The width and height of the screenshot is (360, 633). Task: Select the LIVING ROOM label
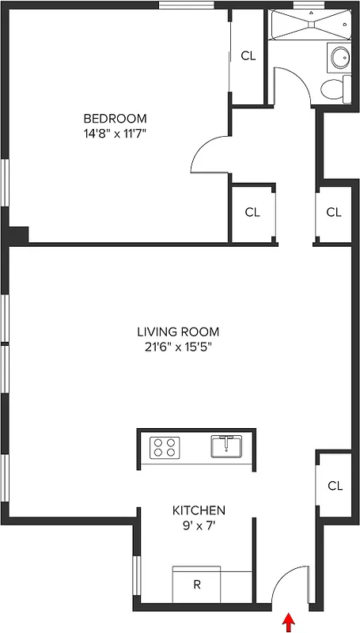[x=178, y=332]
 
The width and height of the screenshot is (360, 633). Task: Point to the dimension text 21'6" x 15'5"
[x=178, y=346]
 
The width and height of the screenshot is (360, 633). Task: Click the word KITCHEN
[x=199, y=510]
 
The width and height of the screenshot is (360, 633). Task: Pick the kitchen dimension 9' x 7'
[x=199, y=525]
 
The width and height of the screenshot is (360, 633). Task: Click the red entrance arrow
[x=288, y=623]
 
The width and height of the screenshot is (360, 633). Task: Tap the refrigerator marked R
[x=196, y=586]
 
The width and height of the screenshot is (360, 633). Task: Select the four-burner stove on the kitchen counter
[x=165, y=447]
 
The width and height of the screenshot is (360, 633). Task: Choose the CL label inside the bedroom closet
[x=248, y=56]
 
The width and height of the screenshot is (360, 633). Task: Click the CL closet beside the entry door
[x=335, y=486]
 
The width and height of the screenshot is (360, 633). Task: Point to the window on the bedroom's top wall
[x=187, y=6]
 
